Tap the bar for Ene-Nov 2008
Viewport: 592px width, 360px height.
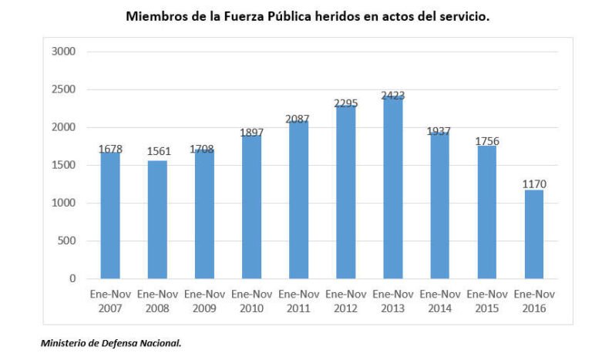click(x=157, y=219)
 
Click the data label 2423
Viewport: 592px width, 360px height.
click(x=392, y=96)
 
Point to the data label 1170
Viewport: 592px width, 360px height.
click(x=533, y=183)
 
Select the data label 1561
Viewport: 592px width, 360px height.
click(x=157, y=152)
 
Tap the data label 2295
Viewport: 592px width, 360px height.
click(x=345, y=103)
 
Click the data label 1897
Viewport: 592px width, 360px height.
click(x=251, y=133)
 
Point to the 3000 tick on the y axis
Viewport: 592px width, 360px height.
click(x=64, y=52)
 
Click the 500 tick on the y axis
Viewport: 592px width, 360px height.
click(x=67, y=241)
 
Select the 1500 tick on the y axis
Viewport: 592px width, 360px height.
click(x=64, y=165)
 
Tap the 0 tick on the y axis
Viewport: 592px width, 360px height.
click(x=72, y=278)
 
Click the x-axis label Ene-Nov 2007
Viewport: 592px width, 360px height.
click(x=110, y=301)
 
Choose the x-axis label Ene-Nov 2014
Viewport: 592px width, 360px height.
click(x=439, y=301)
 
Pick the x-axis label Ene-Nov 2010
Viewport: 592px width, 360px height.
click(x=251, y=301)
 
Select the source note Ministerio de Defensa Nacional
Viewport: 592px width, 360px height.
click(x=111, y=344)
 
